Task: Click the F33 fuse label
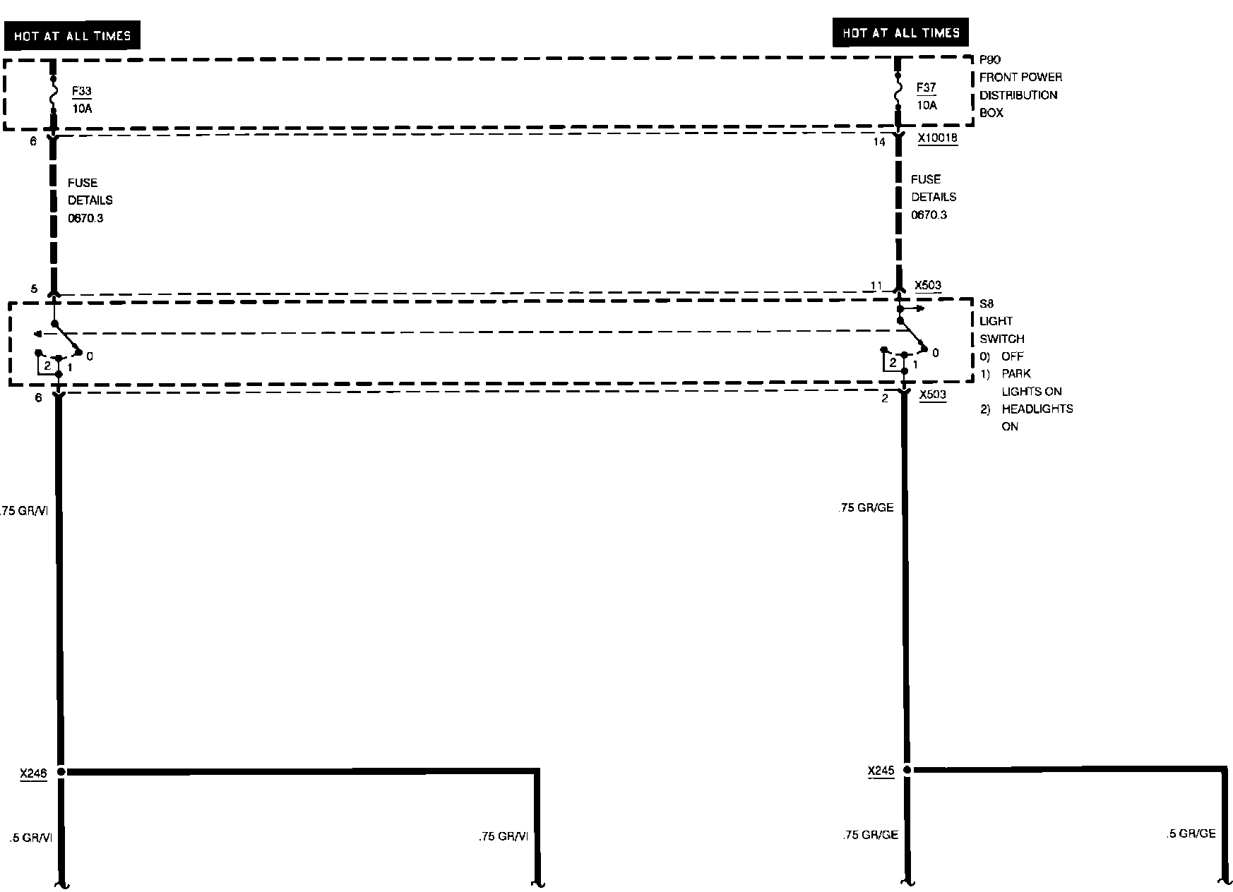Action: pos(81,91)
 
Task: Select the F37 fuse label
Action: pos(926,88)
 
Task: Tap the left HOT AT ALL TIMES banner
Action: pos(72,36)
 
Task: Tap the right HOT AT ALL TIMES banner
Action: pos(900,33)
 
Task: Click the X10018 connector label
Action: pos(938,138)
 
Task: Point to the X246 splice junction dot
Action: pos(61,772)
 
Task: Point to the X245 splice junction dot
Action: pos(907,770)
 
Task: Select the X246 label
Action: pos(33,773)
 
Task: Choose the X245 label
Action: pos(881,771)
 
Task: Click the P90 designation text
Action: pos(989,60)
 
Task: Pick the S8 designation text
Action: pos(987,303)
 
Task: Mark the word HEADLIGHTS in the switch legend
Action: pos(1037,409)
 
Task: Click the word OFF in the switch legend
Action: pos(1012,356)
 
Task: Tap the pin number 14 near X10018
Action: pos(878,142)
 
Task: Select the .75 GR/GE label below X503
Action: pos(865,507)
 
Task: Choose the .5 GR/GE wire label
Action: pos(1191,833)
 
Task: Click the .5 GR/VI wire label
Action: pos(31,838)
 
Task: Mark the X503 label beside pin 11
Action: pos(927,286)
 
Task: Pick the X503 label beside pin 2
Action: pos(932,394)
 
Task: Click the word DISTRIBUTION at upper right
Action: pos(1018,95)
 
